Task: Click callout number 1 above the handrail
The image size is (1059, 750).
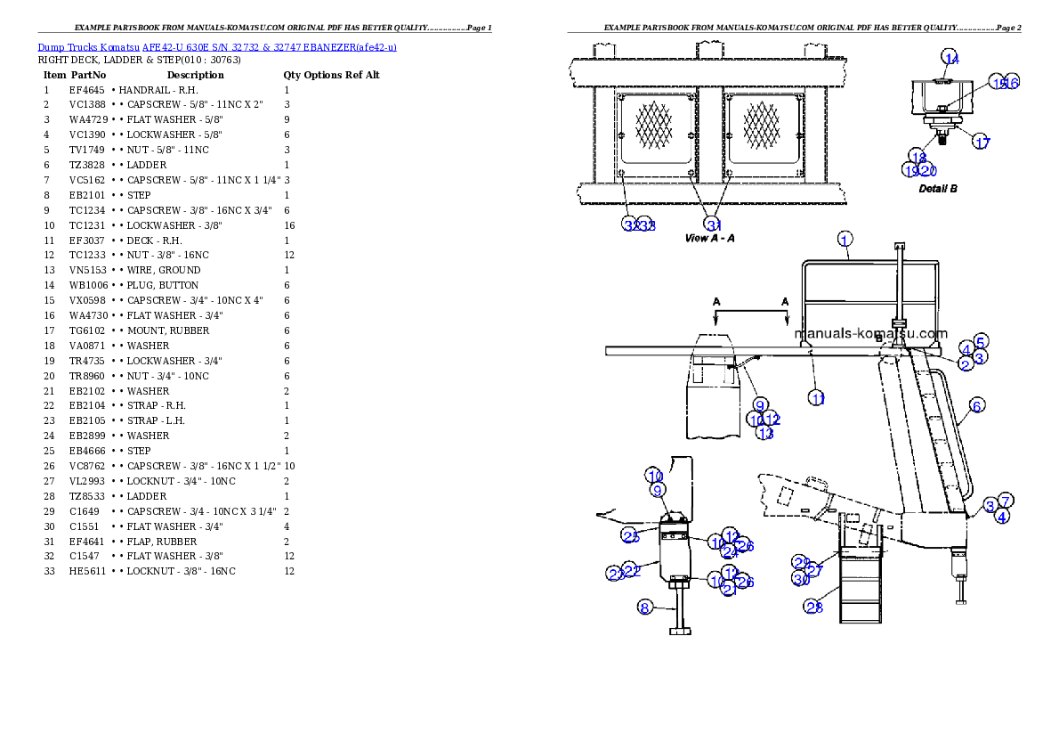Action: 845,239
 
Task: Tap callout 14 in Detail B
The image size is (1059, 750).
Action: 951,59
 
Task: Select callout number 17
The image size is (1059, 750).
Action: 981,143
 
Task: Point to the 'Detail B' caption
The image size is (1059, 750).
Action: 938,189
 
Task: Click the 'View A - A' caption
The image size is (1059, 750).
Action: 709,239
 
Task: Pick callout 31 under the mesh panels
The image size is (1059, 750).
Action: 713,224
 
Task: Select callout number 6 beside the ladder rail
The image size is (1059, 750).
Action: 976,406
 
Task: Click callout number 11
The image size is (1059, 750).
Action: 817,398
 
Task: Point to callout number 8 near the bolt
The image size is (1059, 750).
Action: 645,607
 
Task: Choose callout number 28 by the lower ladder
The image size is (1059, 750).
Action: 813,607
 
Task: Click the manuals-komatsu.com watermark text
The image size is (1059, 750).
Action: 870,335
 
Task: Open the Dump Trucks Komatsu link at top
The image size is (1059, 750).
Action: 217,46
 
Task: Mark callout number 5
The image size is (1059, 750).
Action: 980,341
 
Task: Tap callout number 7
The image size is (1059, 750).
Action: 1004,501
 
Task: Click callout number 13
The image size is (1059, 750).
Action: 765,434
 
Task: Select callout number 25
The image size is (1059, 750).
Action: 631,535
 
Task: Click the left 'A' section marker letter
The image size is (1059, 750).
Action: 716,302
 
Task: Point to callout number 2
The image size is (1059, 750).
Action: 966,363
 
